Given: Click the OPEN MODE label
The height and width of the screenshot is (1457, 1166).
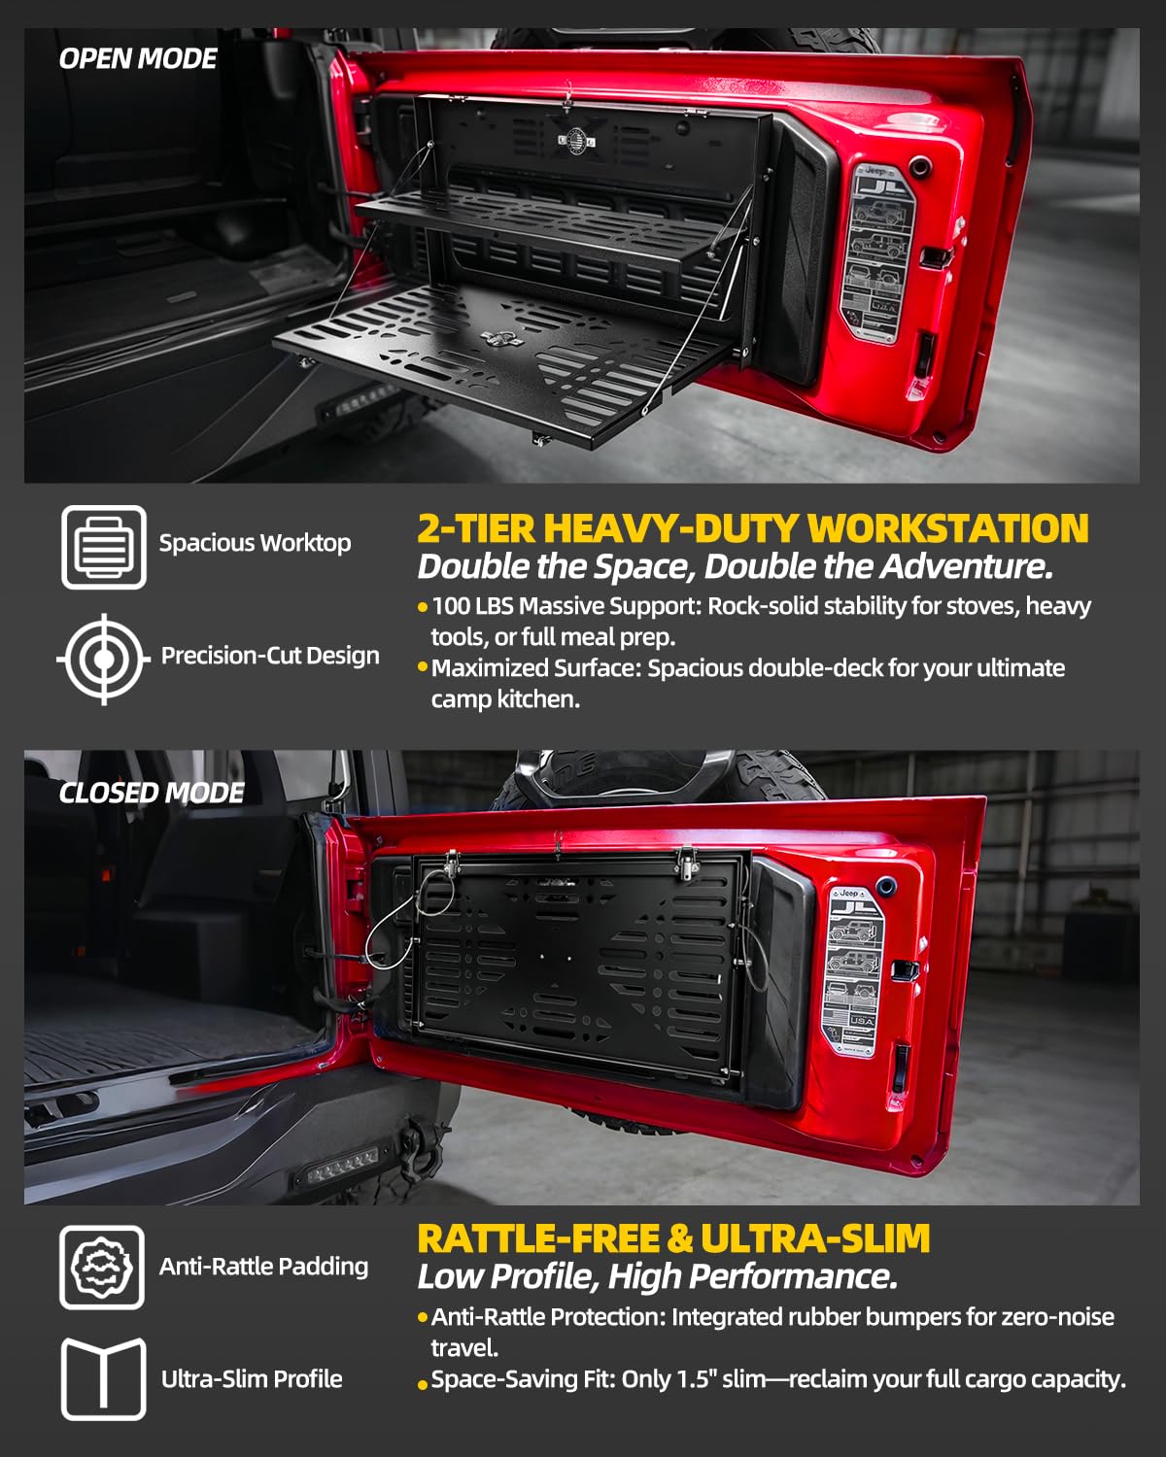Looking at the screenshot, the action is [x=138, y=59].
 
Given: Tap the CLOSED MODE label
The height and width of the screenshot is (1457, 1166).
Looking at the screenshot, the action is [x=151, y=793].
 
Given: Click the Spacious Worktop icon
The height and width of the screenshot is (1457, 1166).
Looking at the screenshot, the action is [x=104, y=547].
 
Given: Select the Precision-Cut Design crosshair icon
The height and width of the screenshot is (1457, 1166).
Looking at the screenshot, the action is [x=104, y=659].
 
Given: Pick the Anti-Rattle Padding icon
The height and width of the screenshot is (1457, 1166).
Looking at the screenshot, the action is [x=102, y=1267].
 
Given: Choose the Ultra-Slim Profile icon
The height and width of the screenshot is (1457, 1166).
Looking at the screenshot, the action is [x=104, y=1379].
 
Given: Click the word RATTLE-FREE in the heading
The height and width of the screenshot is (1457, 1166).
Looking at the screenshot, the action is [x=538, y=1238].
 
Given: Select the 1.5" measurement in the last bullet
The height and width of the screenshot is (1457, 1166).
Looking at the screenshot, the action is [x=697, y=1379].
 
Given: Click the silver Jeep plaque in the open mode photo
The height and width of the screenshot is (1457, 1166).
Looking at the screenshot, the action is [x=877, y=252].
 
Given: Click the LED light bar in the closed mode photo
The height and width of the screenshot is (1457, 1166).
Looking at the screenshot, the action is [x=342, y=1167].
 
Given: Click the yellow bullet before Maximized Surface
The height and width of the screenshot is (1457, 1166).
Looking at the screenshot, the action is [x=423, y=667].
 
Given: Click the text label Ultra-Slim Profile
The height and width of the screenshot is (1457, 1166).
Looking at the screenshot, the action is [x=252, y=1379].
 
